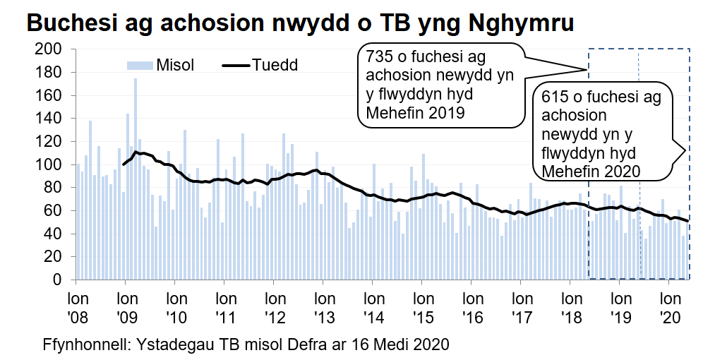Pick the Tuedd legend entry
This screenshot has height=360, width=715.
pyautogui.click(x=260, y=65)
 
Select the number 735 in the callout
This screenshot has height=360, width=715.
pyautogui.click(x=379, y=56)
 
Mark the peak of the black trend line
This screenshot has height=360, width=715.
pyautogui.click(x=136, y=152)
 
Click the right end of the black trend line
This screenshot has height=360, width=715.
pyautogui.click(x=688, y=221)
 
